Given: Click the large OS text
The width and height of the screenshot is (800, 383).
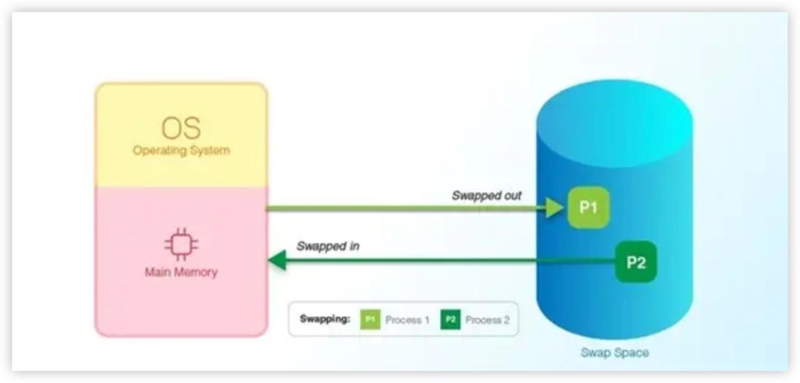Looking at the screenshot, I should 181,127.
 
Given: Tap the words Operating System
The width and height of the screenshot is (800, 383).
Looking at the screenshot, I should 181,150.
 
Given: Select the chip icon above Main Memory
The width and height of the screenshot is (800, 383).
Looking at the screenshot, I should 181,245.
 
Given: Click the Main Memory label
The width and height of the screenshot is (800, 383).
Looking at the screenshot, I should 181,272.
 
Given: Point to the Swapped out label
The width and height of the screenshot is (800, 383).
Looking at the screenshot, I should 487,196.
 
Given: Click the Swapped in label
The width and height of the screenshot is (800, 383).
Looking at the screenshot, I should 327,246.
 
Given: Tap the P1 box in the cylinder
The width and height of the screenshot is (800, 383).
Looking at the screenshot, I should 588,207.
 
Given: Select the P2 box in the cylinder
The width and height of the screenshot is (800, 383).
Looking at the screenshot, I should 636,262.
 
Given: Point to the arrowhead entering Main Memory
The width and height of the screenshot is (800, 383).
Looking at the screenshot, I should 276,260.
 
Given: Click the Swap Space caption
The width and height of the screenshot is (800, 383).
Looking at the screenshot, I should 615,353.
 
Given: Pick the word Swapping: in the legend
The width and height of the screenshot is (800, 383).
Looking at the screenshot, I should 324,319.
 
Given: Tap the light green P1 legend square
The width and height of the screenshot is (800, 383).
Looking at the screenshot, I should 370,320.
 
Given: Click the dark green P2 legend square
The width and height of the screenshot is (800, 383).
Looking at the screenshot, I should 450,320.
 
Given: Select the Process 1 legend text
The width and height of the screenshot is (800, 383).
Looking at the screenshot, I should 407,320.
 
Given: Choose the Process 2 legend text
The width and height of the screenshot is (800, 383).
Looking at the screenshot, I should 487,320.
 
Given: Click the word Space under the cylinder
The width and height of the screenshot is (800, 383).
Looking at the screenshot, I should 632,353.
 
